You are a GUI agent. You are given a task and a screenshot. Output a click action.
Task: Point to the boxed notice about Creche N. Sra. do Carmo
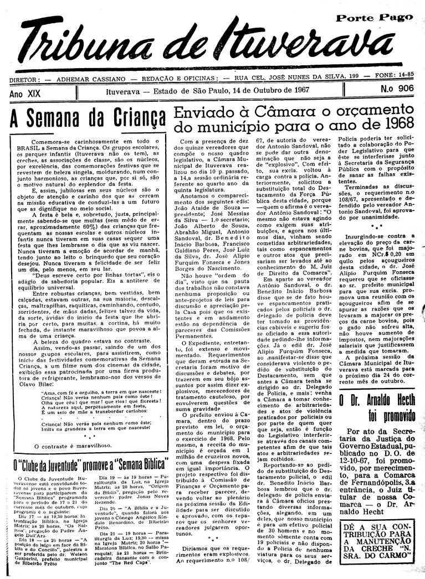[x=380, y=544]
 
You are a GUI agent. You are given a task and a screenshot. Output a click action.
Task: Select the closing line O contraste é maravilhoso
[x=73, y=444]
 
